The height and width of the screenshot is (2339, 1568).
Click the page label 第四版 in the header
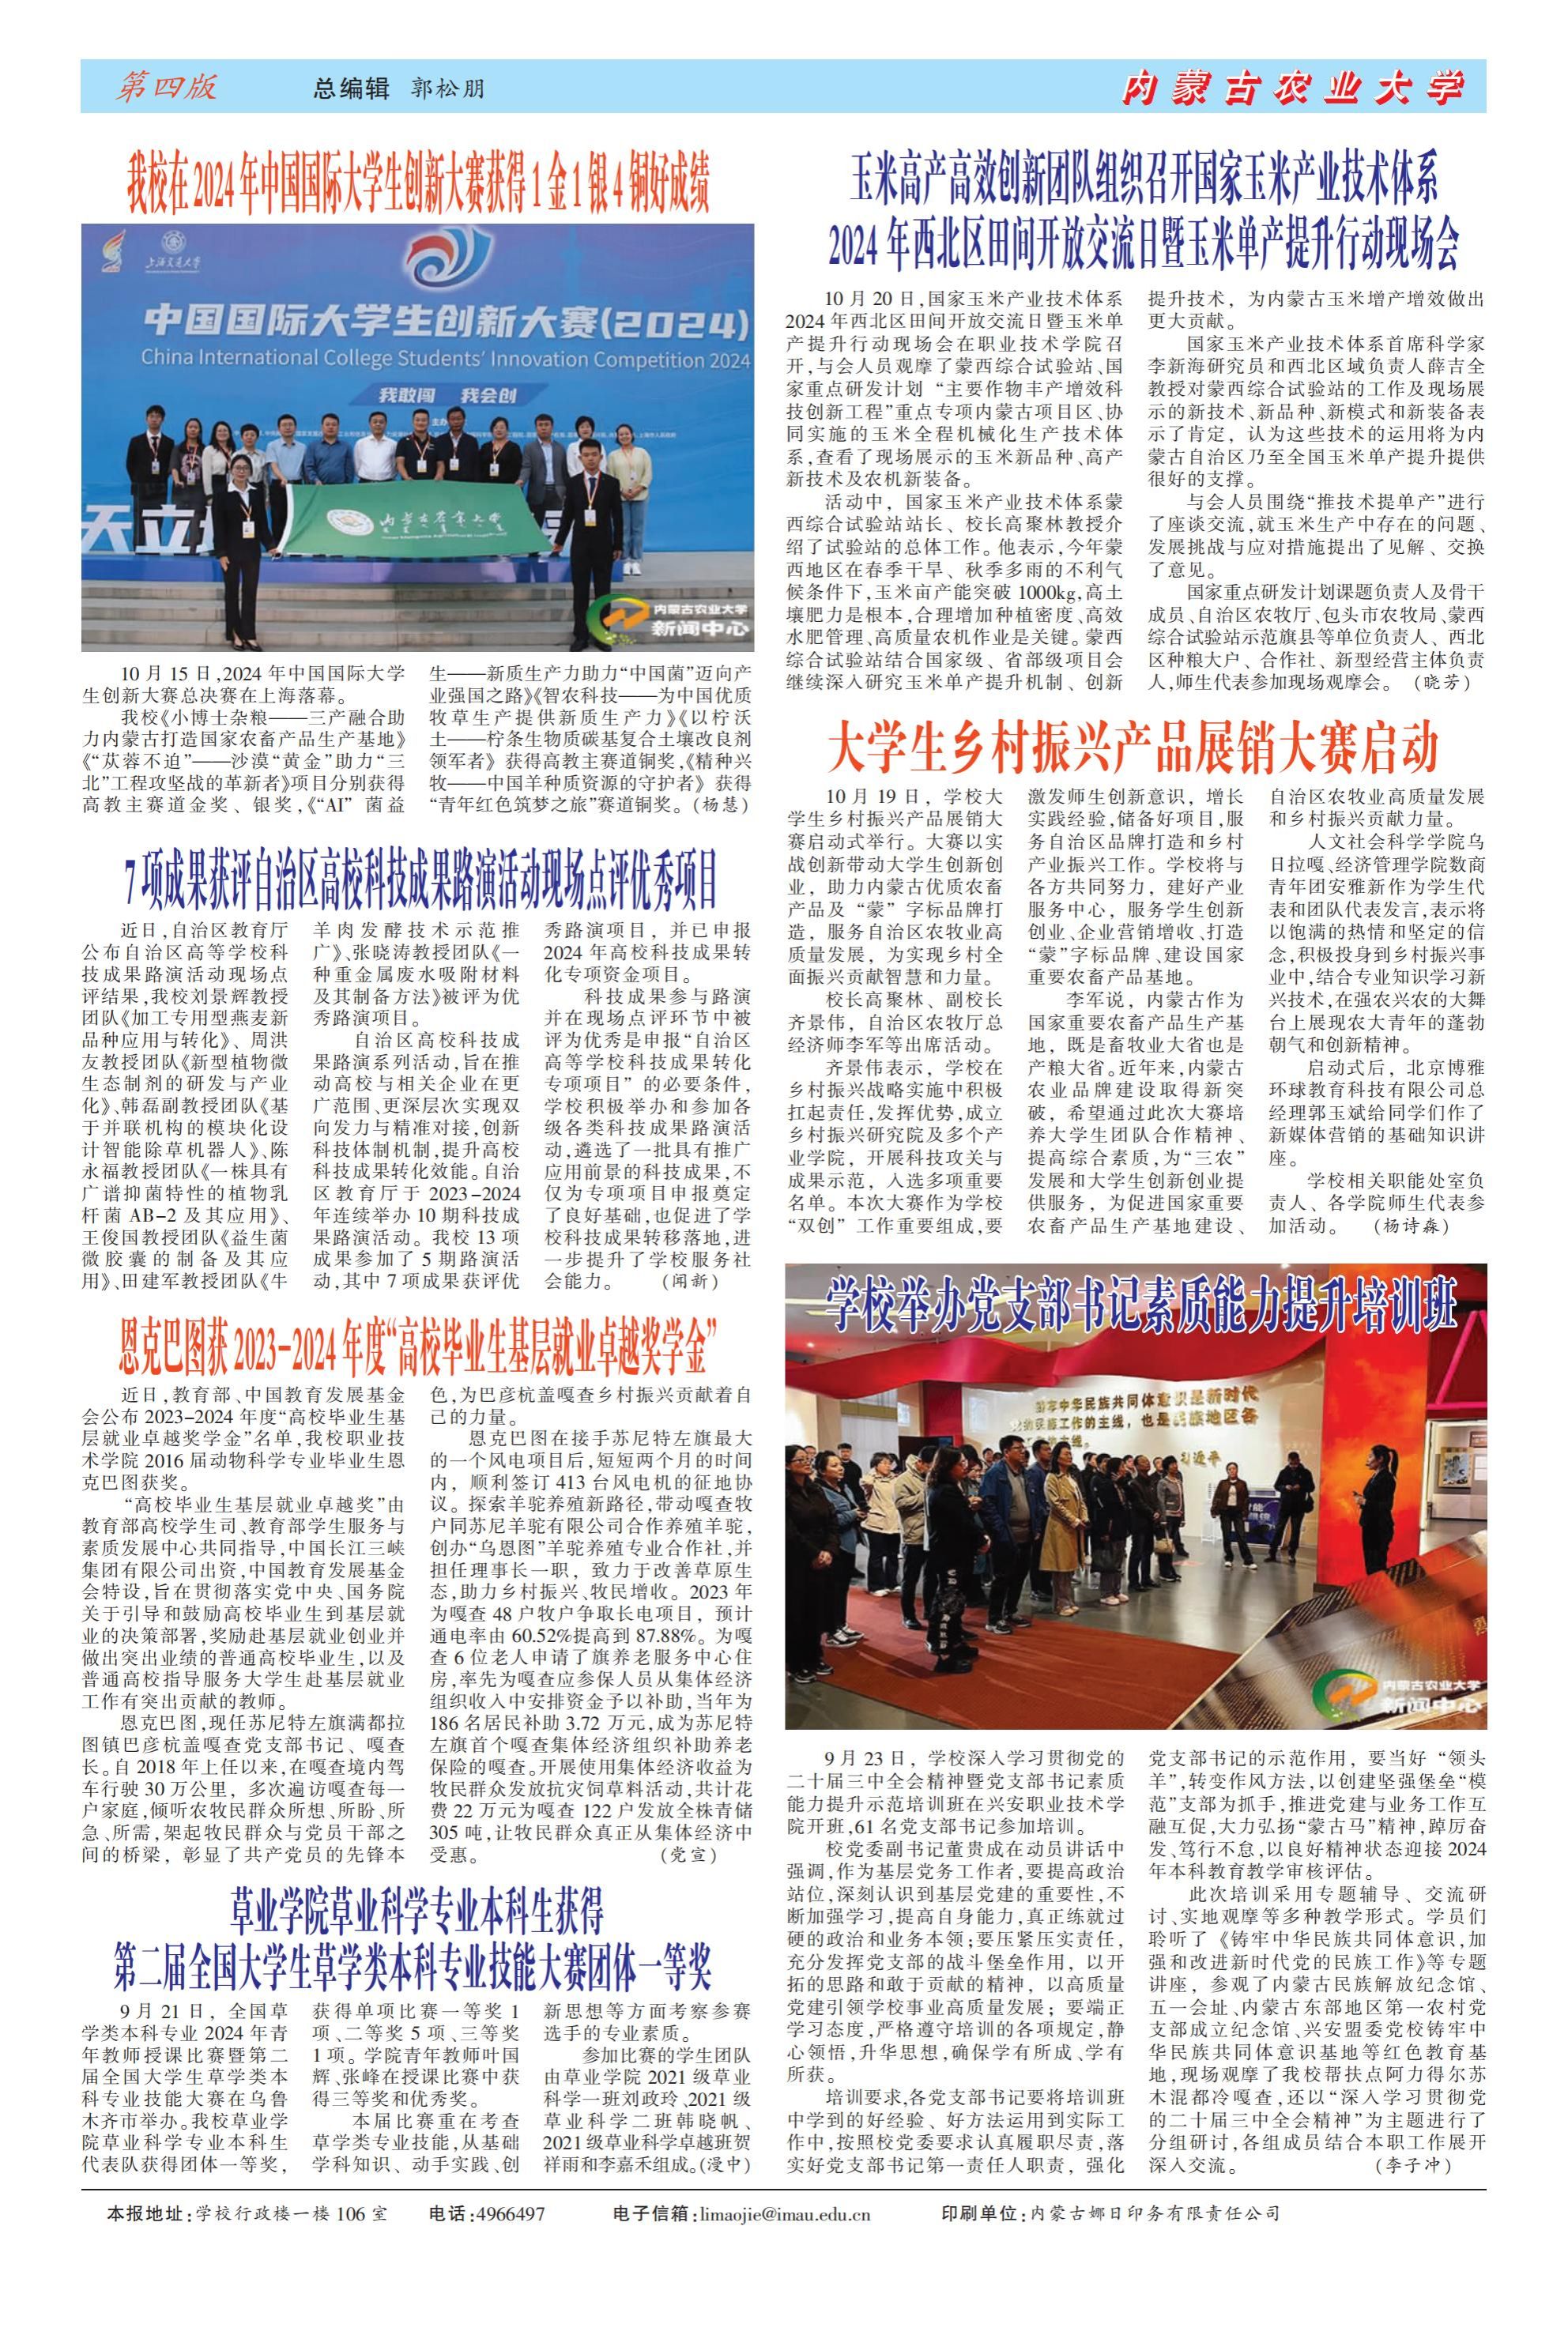[x=167, y=87]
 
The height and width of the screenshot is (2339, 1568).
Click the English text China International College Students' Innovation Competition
[x=445, y=358]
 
